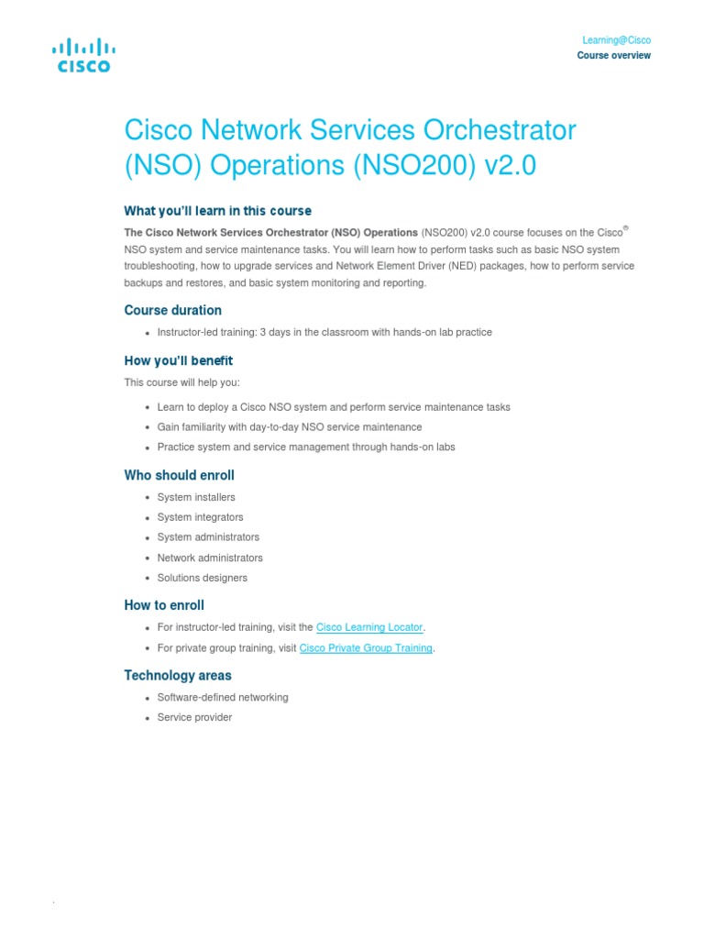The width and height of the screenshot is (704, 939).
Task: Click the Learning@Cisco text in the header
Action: coord(616,40)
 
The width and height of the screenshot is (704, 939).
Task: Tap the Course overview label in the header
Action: coord(613,56)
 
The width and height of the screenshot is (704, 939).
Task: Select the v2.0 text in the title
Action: coord(509,167)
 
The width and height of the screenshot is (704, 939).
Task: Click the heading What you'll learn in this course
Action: coord(217,211)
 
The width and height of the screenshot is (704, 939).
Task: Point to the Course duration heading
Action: coord(172,310)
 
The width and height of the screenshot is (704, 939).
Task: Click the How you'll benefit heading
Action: coord(178,360)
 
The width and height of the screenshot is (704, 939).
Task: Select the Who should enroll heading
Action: coord(179,475)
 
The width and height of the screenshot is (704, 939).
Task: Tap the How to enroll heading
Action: coord(164,605)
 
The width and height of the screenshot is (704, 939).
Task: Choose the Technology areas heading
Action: coord(177,676)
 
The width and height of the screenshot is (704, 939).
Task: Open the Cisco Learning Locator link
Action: coord(369,627)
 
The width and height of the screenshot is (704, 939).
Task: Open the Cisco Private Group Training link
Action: coord(366,648)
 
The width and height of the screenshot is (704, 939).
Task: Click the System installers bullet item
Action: coord(196,497)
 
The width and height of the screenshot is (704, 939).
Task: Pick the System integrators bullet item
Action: coord(200,517)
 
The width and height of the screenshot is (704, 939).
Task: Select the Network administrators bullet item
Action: coord(210,558)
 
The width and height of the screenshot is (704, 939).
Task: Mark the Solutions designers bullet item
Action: coord(202,578)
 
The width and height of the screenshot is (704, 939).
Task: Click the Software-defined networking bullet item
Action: coord(223,698)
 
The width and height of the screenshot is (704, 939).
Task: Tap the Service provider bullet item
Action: coord(194,718)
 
